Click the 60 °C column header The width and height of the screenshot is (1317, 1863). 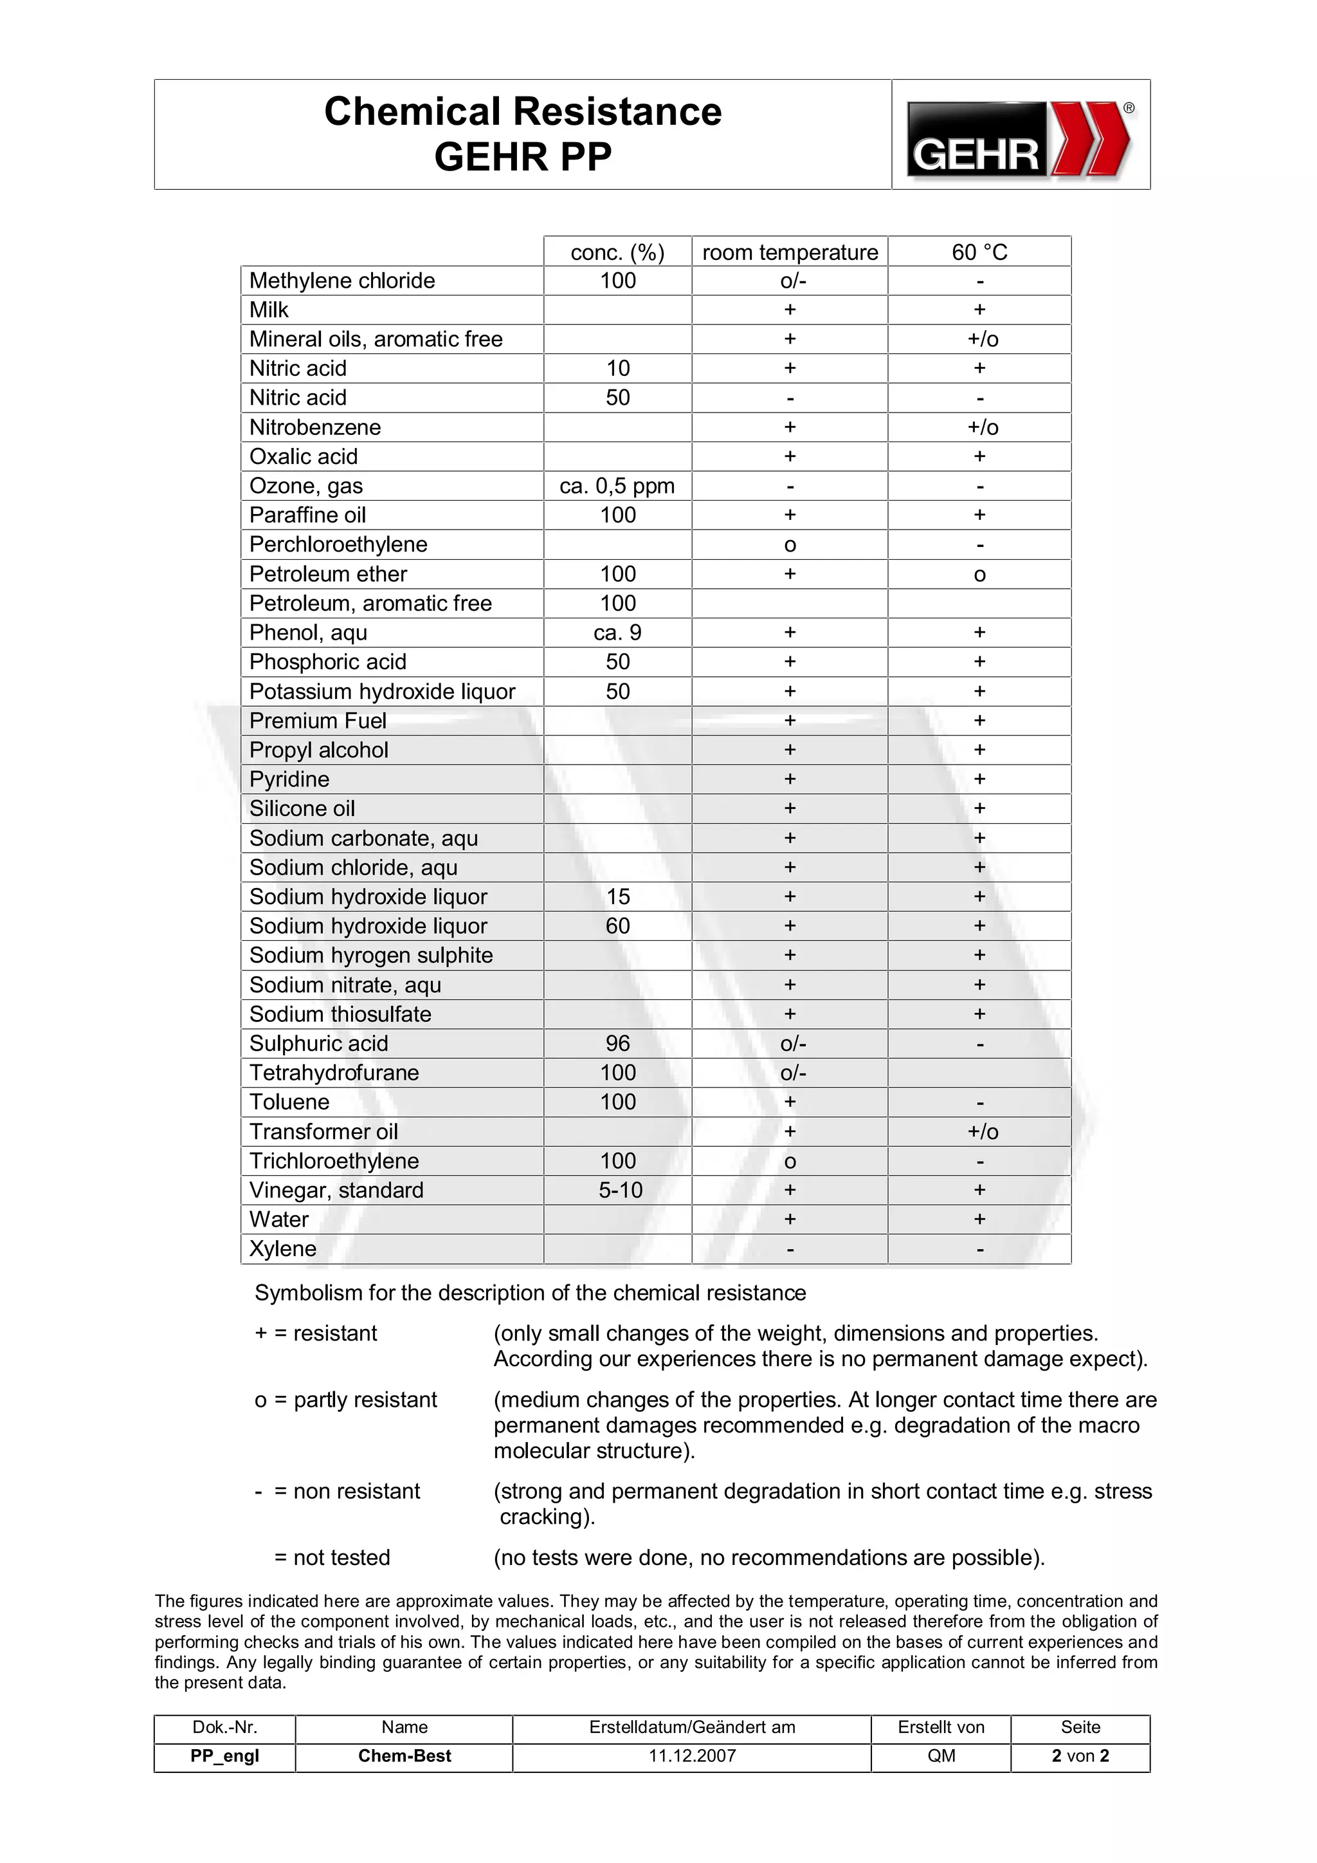point(979,252)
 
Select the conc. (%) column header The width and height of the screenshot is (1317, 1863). point(617,252)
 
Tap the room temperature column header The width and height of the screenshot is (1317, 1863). point(790,252)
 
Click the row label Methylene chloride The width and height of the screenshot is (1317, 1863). point(341,281)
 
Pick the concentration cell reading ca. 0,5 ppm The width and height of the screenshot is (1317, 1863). point(617,486)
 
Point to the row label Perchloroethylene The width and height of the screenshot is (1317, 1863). point(338,544)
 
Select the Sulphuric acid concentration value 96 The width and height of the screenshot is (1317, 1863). point(617,1044)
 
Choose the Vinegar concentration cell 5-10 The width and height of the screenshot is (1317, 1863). point(621,1191)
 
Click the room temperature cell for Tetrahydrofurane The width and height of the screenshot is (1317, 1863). point(793,1073)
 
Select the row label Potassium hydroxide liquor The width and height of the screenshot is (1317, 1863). point(382,691)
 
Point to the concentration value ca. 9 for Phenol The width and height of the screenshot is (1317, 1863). point(617,633)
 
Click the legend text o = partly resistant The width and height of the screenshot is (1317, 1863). point(345,1400)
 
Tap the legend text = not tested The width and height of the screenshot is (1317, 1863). point(332,1557)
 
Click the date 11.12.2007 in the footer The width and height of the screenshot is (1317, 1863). point(692,1756)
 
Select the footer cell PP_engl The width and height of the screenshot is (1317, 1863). point(224,1756)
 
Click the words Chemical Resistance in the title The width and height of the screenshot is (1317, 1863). point(522,112)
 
